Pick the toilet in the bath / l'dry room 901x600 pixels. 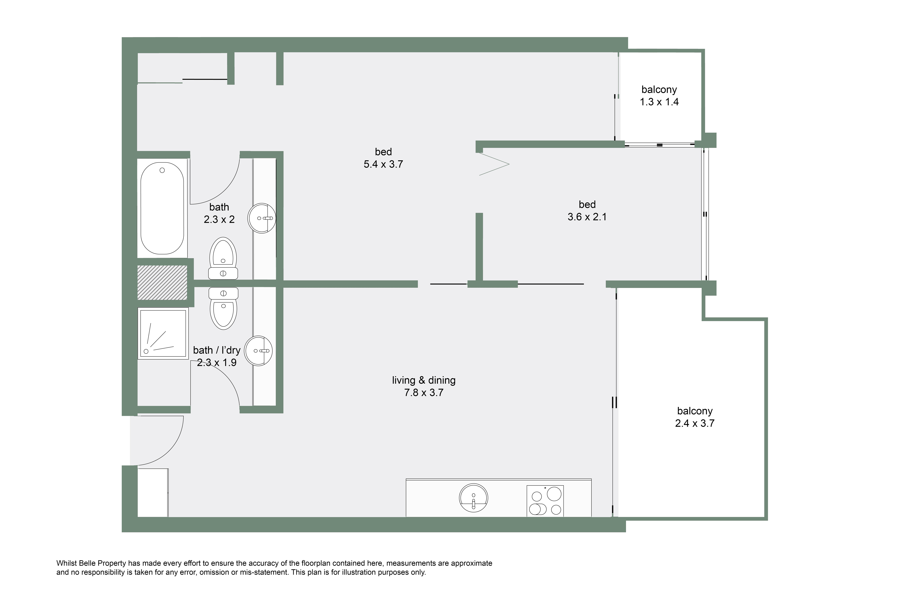(223, 308)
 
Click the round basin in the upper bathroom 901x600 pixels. (262, 218)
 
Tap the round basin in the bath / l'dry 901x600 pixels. (259, 351)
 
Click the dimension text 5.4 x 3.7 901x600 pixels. (383, 164)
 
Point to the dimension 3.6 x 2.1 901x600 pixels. (587, 217)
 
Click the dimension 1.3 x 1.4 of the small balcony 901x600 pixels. (659, 102)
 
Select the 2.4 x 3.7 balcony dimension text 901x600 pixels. (695, 423)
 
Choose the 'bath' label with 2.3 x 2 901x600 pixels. (219, 213)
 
